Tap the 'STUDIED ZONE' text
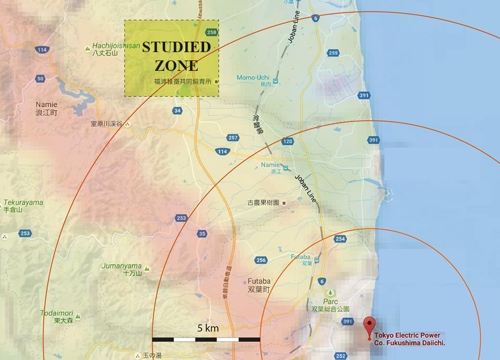click(x=177, y=56)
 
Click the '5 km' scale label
click(x=208, y=328)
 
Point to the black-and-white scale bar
click(x=206, y=339)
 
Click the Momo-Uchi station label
click(x=253, y=78)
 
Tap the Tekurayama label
click(x=23, y=203)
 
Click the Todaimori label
click(x=57, y=313)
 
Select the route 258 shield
click(x=211, y=32)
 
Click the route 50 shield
click(x=41, y=79)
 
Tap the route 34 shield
click(x=178, y=110)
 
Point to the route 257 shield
click(x=233, y=138)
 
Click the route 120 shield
click(x=287, y=141)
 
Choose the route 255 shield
click(x=333, y=53)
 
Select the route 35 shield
click(x=202, y=234)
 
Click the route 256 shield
click(x=261, y=260)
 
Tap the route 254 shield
click(x=340, y=239)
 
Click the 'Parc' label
click(x=330, y=302)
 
